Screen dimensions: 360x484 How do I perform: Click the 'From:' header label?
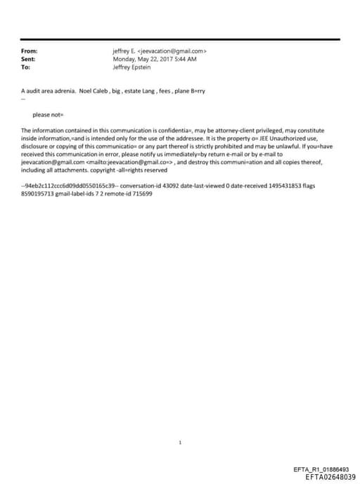29,51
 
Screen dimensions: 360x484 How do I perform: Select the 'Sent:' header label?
29,59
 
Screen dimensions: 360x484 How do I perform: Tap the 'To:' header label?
26,67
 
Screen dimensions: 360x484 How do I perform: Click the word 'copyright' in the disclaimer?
105,170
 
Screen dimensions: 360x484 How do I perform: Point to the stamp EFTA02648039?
330,476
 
